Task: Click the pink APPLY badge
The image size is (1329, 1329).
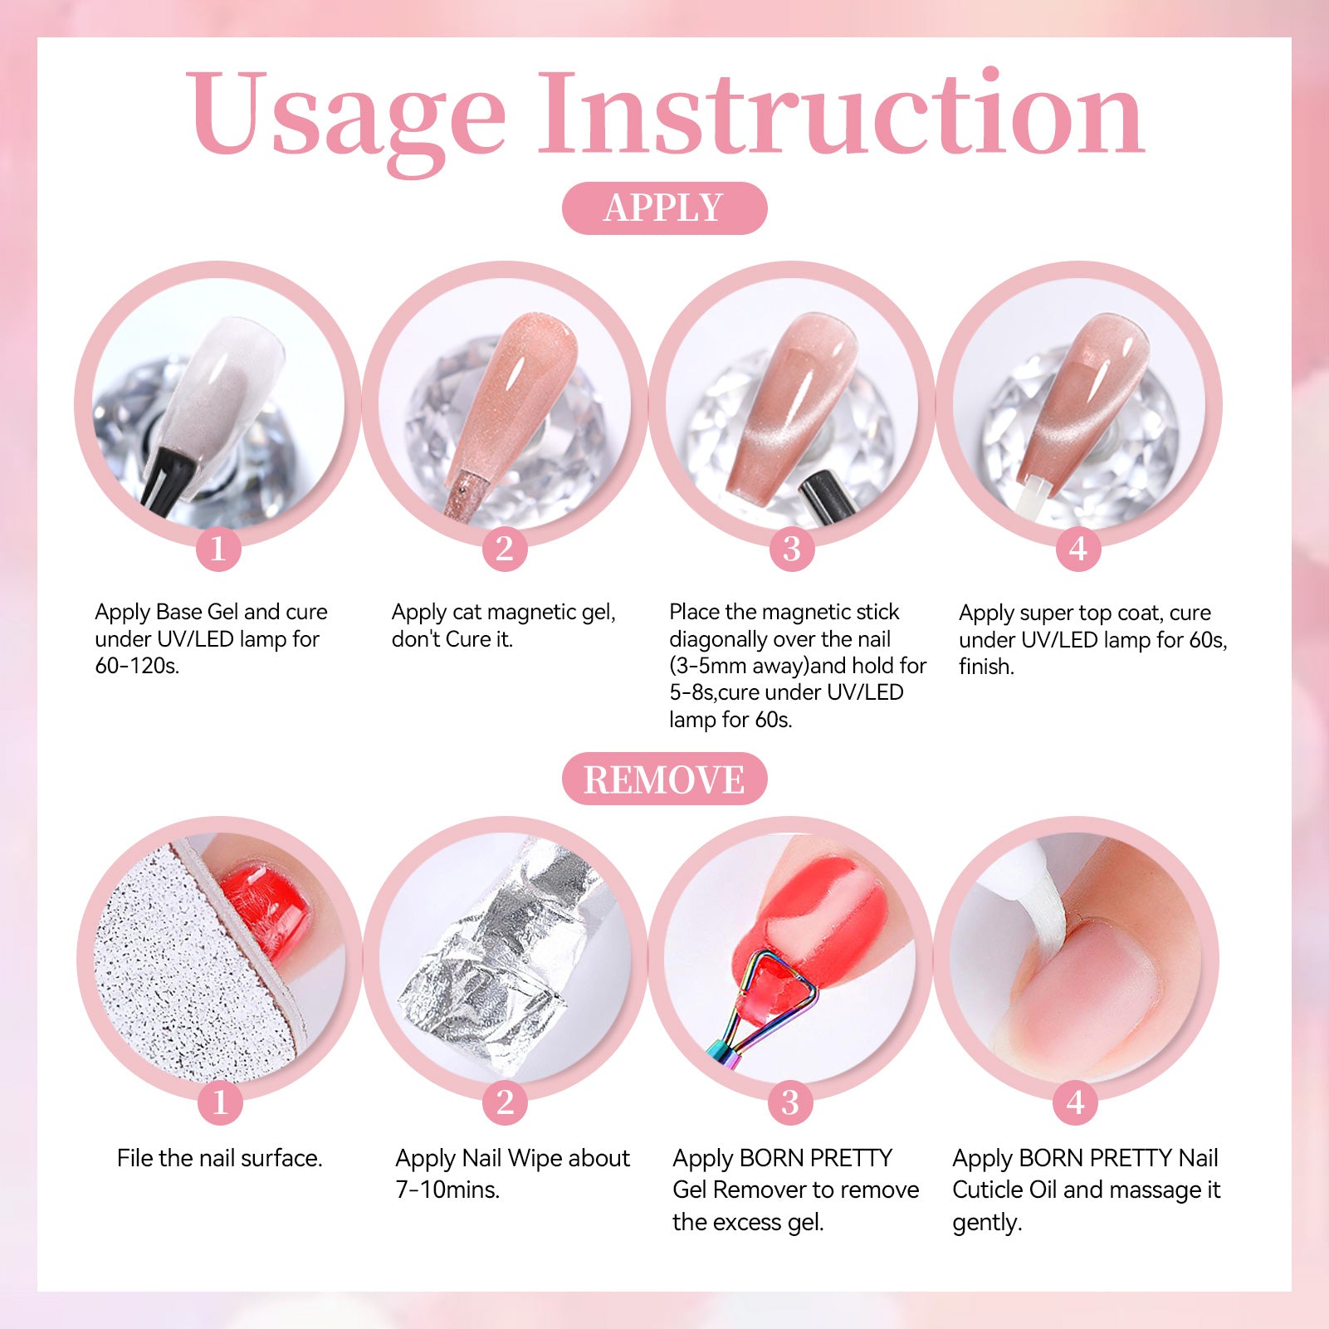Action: pos(664,208)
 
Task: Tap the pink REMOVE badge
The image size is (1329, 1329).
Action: pos(664,779)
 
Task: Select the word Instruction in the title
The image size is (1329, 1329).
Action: pos(842,112)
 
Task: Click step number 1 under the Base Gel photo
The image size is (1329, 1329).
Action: pos(218,549)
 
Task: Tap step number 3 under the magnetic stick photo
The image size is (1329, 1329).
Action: pos(792,549)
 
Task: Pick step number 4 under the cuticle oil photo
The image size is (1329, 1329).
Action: pos(1076,1102)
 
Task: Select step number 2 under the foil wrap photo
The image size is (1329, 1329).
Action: pos(505,1102)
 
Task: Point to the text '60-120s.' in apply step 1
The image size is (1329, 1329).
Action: pos(137,666)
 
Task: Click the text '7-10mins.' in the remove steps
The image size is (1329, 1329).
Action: pos(447,1190)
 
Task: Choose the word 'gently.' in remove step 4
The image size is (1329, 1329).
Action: pos(987,1223)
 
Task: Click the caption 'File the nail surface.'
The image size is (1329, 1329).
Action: pos(220,1158)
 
